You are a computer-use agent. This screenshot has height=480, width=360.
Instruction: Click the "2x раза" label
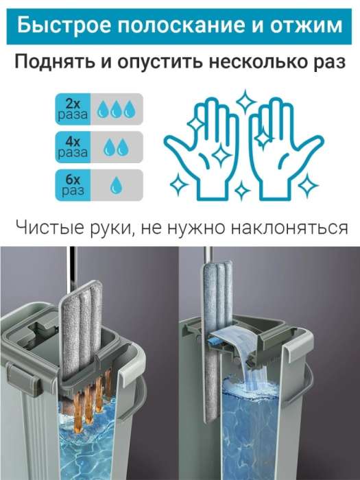73,109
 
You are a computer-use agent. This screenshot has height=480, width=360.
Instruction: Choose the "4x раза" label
73,147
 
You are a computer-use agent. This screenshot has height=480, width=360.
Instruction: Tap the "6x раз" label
73,185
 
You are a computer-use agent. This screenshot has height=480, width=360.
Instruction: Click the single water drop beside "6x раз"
116,185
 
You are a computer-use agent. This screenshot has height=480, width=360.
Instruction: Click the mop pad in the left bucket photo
81,331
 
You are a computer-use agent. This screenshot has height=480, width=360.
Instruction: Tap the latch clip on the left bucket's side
24,379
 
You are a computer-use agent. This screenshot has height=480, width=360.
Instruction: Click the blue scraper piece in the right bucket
217,341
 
